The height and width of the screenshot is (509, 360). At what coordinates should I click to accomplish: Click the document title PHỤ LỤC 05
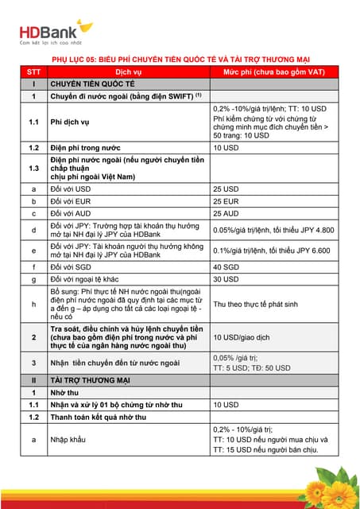coord(180,60)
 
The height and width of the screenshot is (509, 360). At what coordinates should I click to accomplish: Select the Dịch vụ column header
coord(130,72)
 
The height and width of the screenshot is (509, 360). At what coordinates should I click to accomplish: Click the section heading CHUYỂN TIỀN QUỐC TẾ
coord(95,84)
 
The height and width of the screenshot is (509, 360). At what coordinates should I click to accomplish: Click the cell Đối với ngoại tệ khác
coord(95,279)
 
